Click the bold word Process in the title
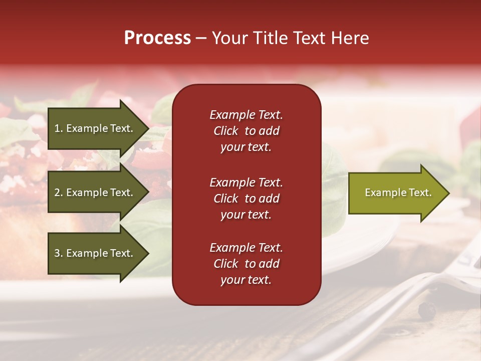[157, 38]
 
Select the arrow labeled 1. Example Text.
[94, 128]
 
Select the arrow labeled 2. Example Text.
[94, 193]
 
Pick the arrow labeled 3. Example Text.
[94, 253]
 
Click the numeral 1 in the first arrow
[57, 128]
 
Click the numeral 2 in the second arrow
[57, 193]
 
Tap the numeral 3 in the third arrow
[57, 253]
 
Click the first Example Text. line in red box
[246, 115]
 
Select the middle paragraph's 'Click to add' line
[246, 199]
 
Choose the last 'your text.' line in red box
[246, 280]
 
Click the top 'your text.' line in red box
[246, 147]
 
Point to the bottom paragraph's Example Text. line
[246, 248]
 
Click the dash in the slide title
[201, 39]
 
